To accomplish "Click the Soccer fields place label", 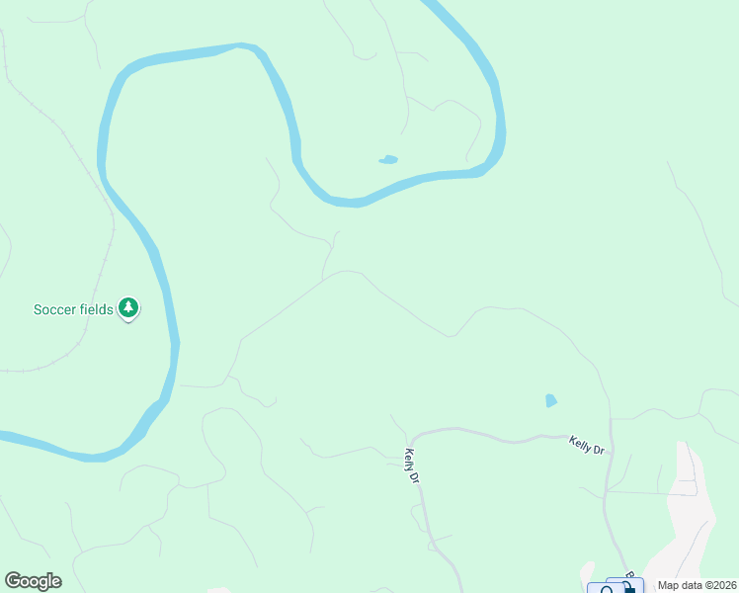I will pos(74,309).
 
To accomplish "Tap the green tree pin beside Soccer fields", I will pos(128,308).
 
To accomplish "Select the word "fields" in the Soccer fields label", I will pos(95,309).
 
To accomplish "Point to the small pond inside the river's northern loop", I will pos(388,159).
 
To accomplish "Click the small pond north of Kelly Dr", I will pos(550,400).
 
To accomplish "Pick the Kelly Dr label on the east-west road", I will pos(586,446).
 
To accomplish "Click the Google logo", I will pos(33,581).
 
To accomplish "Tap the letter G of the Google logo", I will pos(12,581).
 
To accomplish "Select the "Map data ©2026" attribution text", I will pos(697,584).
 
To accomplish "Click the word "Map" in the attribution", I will pos(670,584).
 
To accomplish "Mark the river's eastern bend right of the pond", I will pos(500,138).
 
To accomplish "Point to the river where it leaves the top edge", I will pos(435,5).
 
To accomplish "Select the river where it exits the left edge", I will pos(5,435).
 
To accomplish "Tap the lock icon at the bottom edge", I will pos(629,588).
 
